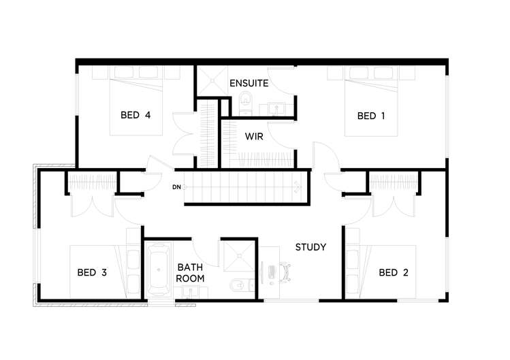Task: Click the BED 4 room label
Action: point(135,115)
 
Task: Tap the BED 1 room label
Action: point(372,116)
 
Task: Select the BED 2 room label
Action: point(394,273)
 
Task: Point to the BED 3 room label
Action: point(91,273)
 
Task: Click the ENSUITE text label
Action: point(249,84)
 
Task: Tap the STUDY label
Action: point(310,247)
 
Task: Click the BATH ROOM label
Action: point(190,273)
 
